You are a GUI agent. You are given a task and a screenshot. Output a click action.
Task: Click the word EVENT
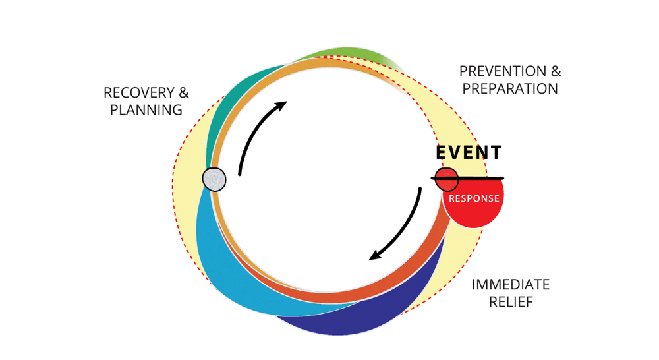pos(469,153)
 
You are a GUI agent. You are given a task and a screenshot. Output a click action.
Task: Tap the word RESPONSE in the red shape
pos(473,198)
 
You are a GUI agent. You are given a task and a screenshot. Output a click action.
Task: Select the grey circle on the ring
pos(214,179)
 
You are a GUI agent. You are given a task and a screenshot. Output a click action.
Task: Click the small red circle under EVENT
pos(447,178)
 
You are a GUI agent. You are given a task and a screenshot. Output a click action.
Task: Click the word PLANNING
pos(146,110)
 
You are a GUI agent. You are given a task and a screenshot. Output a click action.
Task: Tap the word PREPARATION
pos(510,88)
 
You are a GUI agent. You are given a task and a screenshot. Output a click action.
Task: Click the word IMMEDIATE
pos(510,285)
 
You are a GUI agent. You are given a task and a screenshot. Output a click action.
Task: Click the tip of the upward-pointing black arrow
pos(286,102)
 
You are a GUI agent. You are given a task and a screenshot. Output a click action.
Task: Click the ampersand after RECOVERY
pos(183,93)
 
